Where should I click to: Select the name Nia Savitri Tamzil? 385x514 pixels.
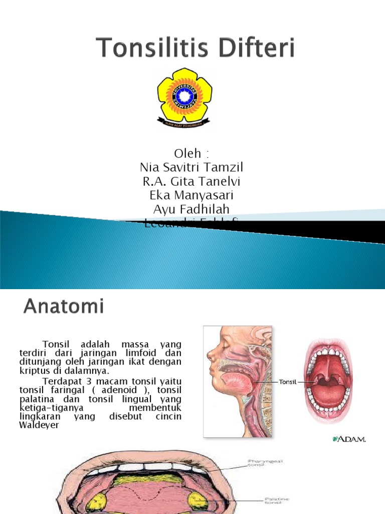[192, 167]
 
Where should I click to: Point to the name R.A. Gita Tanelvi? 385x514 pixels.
[192, 181]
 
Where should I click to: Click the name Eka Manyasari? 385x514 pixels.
[192, 195]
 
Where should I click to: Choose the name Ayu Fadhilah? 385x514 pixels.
[192, 209]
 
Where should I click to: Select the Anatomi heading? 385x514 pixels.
[64, 306]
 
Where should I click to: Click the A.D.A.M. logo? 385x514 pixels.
[349, 440]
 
